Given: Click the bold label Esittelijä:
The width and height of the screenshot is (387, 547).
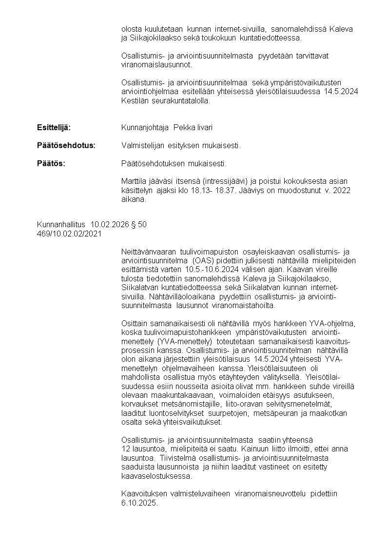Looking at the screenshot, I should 54,127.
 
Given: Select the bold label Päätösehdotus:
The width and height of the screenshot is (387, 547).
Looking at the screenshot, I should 66,145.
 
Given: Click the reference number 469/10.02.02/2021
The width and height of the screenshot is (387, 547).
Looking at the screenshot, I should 70,233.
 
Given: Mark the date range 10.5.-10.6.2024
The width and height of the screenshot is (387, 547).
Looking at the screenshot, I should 215,269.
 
